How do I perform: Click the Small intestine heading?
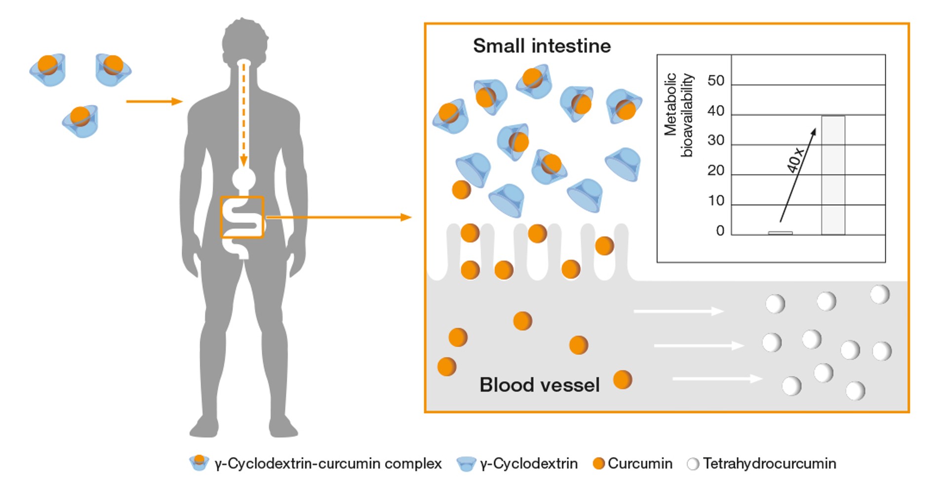[542, 46]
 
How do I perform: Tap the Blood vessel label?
[539, 385]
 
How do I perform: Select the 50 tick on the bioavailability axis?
[715, 81]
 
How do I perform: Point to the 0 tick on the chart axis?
[720, 231]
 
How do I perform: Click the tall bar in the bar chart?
[833, 175]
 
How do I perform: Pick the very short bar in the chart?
[780, 233]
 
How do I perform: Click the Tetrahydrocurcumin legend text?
[769, 464]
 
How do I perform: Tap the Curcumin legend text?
[640, 464]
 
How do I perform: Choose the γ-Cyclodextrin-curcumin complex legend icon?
[199, 463]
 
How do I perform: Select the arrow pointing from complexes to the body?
[154, 102]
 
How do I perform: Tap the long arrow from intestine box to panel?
[338, 217]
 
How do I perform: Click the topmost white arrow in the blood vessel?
[678, 311]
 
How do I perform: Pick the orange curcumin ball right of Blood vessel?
[622, 380]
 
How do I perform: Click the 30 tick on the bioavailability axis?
[715, 140]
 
